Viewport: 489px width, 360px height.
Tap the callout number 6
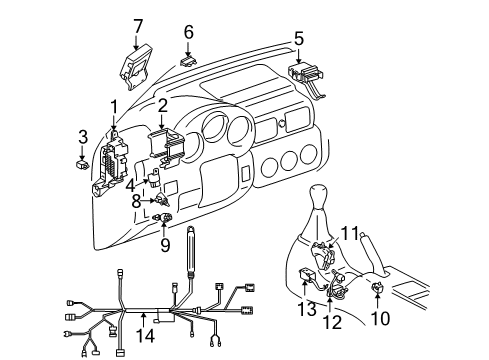(188, 32)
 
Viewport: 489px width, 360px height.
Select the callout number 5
(298, 39)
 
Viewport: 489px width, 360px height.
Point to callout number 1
(114, 105)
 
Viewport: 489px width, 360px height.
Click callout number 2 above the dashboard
(162, 105)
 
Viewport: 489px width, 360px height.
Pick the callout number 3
(83, 135)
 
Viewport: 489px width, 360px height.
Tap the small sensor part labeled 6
(188, 60)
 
